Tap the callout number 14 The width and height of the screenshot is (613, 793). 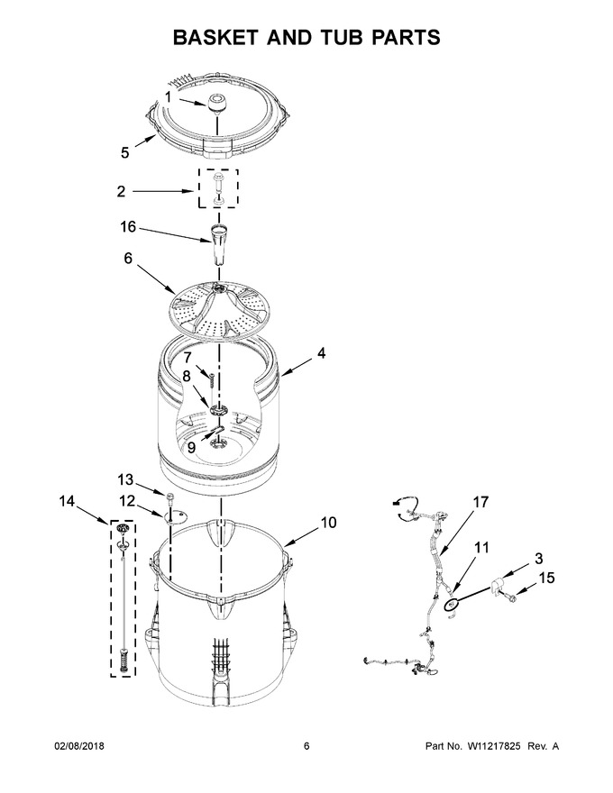point(66,501)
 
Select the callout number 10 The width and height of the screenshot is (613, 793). point(328,522)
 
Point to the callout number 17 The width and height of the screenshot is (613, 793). point(481,502)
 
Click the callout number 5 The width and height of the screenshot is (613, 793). point(125,152)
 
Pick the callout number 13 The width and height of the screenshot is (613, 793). point(125,479)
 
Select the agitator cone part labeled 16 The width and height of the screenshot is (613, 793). point(217,244)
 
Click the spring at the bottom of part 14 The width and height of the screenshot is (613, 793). point(124,661)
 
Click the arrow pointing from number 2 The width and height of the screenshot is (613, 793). point(163,191)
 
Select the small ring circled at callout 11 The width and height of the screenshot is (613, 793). point(451,604)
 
